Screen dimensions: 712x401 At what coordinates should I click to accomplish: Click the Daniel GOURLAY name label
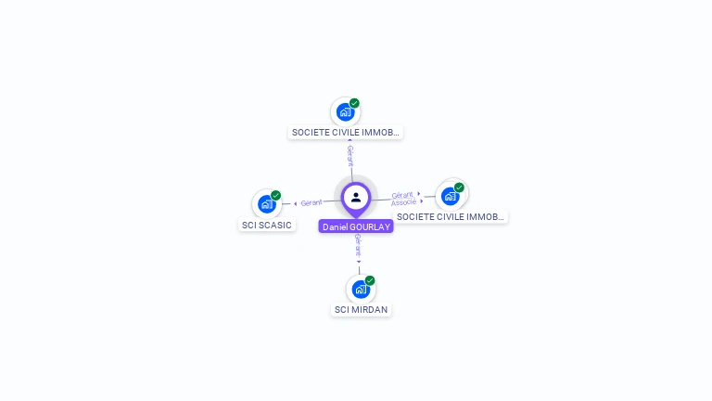tap(356, 226)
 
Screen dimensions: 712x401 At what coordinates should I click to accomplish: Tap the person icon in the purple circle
tap(356, 197)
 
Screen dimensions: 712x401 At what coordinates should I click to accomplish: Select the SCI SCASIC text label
tap(267, 225)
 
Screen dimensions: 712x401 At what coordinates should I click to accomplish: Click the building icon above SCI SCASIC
tap(267, 204)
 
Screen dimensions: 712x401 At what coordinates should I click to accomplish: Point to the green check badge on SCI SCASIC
tap(275, 196)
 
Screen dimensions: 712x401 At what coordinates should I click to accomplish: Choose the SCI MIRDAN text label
tap(361, 309)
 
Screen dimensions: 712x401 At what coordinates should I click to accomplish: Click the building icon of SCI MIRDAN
tap(361, 289)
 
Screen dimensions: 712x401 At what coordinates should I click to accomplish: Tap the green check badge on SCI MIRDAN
tap(370, 280)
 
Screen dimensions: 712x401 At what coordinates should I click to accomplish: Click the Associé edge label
tap(403, 202)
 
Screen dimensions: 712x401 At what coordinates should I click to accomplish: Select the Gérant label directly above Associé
tap(401, 194)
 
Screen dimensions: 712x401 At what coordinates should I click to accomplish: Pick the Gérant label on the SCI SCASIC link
tap(311, 202)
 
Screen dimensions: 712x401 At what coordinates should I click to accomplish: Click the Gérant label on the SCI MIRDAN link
tap(358, 244)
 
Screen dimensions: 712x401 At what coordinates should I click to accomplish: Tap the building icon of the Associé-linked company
tap(451, 196)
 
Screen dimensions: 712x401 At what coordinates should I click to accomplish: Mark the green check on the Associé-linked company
tap(459, 188)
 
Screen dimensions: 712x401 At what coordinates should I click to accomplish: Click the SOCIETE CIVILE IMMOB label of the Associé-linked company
tap(450, 216)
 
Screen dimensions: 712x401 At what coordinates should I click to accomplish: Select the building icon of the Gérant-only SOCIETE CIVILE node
tap(346, 112)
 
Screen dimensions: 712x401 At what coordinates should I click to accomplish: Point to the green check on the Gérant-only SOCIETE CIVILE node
tap(354, 104)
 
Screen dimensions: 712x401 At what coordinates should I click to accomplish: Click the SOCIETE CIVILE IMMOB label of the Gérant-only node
tap(346, 133)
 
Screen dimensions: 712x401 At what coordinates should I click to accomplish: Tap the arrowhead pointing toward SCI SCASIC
tap(295, 203)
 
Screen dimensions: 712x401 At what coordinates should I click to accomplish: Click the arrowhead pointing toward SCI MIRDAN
tap(359, 261)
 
